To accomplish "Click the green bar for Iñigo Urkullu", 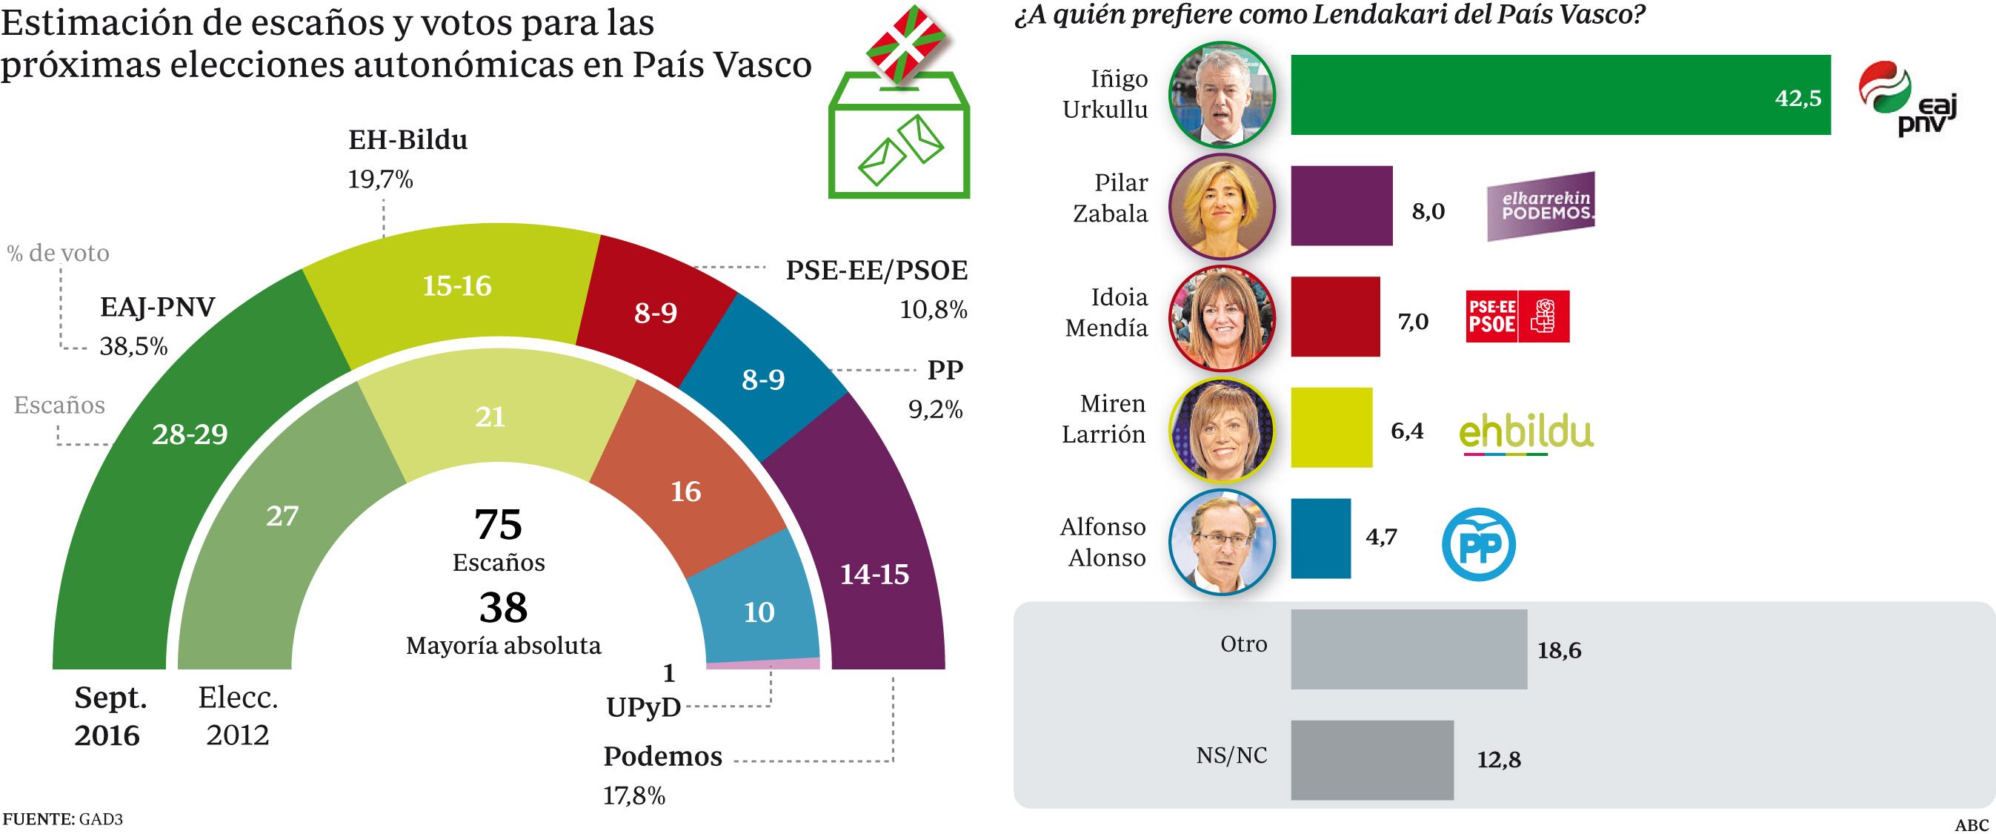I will (x=1560, y=95).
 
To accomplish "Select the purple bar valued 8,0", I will (x=1341, y=205).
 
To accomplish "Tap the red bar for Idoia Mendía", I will (x=1335, y=317).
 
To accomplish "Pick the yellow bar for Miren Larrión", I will (x=1331, y=427).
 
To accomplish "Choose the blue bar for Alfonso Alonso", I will (x=1320, y=538).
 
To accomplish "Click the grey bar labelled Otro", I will (x=1408, y=649).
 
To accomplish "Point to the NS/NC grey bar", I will (x=1371, y=760).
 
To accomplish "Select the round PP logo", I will (x=1478, y=544).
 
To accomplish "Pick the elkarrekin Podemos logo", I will (x=1540, y=206).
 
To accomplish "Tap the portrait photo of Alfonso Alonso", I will (x=1221, y=541).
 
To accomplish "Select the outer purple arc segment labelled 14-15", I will (x=874, y=574).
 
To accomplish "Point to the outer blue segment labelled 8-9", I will (x=763, y=380).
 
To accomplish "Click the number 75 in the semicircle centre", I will (x=498, y=525).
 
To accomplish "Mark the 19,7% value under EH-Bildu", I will (x=380, y=179).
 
